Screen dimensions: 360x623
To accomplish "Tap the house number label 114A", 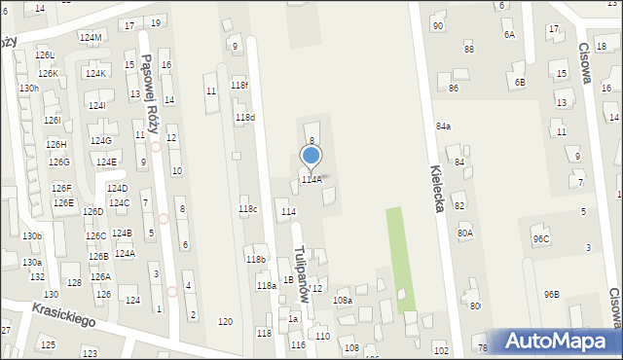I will point(311,180).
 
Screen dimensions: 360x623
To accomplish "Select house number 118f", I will point(238,86).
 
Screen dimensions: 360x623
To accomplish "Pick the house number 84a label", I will point(443,126).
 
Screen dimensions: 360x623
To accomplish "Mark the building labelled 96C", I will point(540,239).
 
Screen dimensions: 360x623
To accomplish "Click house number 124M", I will point(91,38).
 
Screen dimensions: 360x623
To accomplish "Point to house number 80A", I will point(465,233).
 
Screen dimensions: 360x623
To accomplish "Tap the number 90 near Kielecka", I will point(437,25).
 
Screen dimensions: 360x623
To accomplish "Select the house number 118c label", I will point(248,208).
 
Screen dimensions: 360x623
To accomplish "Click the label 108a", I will point(343,301).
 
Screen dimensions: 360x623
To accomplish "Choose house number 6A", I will point(508,34).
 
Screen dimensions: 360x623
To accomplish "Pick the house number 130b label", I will point(32,236).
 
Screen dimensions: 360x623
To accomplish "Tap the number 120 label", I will point(225,322).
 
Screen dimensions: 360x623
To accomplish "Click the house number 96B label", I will point(552,294).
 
